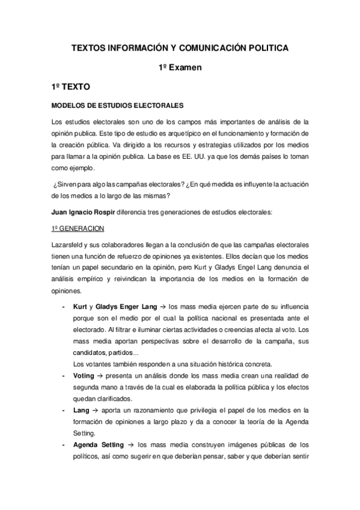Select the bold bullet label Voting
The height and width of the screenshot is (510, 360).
(83, 375)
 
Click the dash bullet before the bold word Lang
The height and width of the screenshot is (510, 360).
(64, 410)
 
